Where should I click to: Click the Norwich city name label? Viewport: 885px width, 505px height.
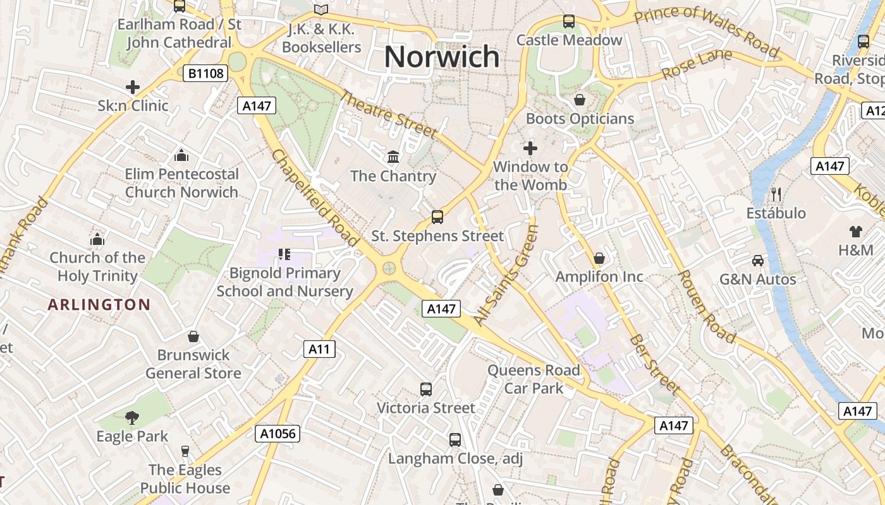click(x=442, y=57)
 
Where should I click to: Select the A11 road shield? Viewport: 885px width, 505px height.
click(x=319, y=349)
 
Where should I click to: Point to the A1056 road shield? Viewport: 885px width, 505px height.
click(x=278, y=434)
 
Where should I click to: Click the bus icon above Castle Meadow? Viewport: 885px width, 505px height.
click(x=569, y=21)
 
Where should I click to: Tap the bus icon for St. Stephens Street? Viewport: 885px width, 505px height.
click(x=437, y=217)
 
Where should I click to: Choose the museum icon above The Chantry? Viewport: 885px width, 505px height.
click(x=393, y=157)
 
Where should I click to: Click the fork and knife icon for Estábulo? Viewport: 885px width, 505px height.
click(x=776, y=194)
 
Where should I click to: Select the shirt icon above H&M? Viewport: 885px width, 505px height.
click(x=856, y=231)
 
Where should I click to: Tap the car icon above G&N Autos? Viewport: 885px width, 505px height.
click(x=758, y=260)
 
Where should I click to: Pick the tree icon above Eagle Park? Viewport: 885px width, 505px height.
click(x=132, y=417)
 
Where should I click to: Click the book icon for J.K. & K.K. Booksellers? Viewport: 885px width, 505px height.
click(x=321, y=9)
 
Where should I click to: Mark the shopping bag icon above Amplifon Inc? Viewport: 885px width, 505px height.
click(x=599, y=258)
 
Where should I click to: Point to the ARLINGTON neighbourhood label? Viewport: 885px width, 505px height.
click(x=99, y=305)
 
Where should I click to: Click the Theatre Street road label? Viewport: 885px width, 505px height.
click(x=389, y=114)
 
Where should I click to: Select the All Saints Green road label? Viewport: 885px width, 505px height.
click(x=506, y=275)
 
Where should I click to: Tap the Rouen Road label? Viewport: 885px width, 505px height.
click(x=706, y=307)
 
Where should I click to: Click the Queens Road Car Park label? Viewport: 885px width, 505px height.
click(x=534, y=379)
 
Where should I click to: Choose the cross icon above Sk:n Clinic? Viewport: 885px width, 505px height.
click(x=133, y=86)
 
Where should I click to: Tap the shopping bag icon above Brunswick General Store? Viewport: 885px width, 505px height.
click(x=193, y=336)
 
